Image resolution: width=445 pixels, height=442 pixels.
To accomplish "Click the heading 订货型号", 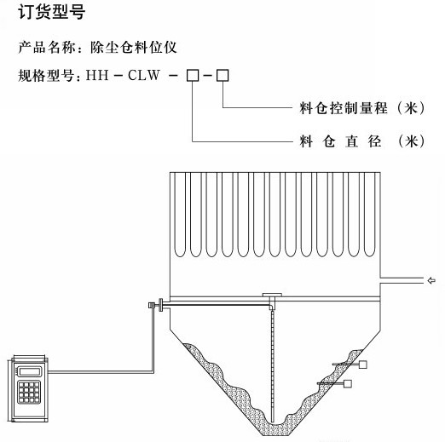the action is [52, 12].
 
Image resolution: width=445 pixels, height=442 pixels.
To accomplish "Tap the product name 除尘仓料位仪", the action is [134, 47].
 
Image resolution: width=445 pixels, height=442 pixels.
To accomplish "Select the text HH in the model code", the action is [97, 75].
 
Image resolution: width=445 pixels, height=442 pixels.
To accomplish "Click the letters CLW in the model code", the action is [144, 75].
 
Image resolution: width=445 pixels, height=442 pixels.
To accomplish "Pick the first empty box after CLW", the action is [193, 76].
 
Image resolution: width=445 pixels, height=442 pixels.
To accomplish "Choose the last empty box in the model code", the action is [222, 76].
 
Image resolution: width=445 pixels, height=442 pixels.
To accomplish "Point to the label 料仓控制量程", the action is [344, 108].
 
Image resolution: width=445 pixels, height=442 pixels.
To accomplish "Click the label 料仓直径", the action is [340, 141].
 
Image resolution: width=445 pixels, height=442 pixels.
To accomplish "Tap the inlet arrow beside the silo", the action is [431, 280].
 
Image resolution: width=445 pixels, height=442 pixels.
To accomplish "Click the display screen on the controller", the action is [29, 371].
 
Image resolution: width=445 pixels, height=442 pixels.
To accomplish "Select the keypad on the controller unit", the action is [29, 392].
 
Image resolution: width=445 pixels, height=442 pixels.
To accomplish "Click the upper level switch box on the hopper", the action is [362, 365].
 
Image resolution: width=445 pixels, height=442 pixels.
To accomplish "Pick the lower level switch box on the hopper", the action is [348, 384].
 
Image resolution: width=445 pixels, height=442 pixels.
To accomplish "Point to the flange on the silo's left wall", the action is [161, 305].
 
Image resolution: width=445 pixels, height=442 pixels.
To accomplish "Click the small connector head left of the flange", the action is [152, 305].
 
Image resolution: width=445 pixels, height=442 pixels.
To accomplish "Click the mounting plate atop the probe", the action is [272, 295].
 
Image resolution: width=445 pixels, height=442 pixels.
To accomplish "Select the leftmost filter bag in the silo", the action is [180, 215].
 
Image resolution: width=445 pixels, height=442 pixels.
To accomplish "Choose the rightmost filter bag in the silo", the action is [369, 215].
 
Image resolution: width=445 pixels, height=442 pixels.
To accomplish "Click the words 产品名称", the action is [47, 47].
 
